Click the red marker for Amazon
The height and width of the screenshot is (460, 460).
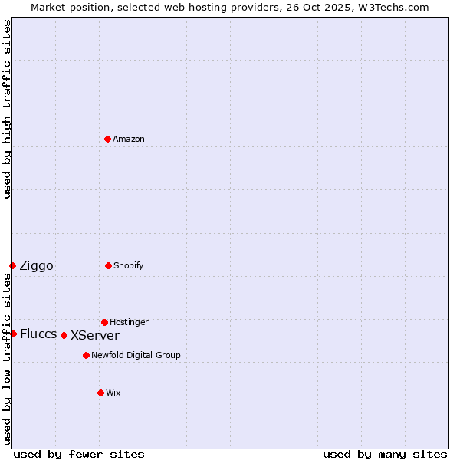(x=107, y=139)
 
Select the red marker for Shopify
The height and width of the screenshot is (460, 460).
(x=108, y=265)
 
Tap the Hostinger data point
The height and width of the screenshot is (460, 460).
(x=104, y=322)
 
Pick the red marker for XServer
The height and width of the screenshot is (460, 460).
(x=64, y=335)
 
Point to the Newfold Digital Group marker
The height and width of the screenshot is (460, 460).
(x=86, y=355)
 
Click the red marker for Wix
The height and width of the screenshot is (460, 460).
(x=100, y=393)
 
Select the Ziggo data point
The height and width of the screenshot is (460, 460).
(x=12, y=265)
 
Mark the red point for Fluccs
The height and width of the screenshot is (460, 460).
(x=13, y=333)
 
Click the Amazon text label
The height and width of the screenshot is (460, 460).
(x=129, y=140)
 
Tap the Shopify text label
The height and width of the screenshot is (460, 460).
(x=129, y=266)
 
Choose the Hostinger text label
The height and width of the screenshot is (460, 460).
(x=129, y=323)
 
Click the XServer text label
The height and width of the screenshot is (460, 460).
(x=95, y=336)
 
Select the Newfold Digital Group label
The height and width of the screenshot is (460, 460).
(x=136, y=356)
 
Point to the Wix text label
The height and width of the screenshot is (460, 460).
(x=113, y=393)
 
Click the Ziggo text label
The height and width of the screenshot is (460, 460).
(x=36, y=266)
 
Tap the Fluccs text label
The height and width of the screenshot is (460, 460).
(x=38, y=334)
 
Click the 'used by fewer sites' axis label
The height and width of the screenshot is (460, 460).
(x=79, y=455)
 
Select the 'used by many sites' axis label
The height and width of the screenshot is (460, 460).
(x=385, y=455)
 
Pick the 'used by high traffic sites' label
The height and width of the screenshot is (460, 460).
(x=7, y=109)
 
